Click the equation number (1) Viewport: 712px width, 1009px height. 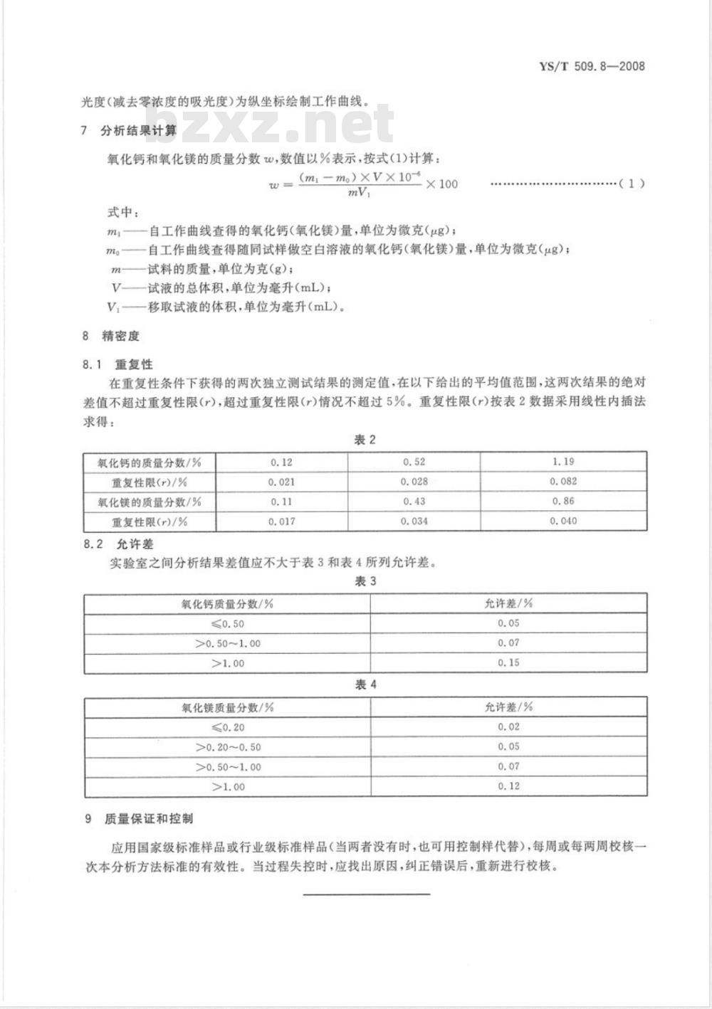click(x=632, y=184)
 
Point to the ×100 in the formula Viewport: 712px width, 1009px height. click(x=441, y=184)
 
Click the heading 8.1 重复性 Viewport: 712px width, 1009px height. click(x=117, y=364)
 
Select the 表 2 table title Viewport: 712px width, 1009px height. click(x=365, y=440)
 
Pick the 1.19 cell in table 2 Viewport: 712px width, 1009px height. click(x=563, y=462)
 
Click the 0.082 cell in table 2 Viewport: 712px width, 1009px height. click(x=563, y=482)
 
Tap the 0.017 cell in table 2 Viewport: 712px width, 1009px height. click(x=282, y=522)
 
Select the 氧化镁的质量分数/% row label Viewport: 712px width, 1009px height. click(x=150, y=502)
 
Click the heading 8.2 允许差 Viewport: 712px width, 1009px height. click(x=117, y=544)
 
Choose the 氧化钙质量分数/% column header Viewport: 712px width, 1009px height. click(x=228, y=603)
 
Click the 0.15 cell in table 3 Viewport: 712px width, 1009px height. click(x=509, y=662)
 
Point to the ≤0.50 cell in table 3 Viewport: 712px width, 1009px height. click(x=228, y=623)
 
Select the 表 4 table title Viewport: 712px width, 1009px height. click(x=365, y=685)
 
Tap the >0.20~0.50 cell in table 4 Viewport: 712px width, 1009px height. click(x=228, y=747)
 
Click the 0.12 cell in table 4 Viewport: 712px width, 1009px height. click(x=509, y=786)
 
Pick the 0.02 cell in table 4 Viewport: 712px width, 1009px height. click(x=509, y=727)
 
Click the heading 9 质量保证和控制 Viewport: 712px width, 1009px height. click(x=139, y=819)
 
